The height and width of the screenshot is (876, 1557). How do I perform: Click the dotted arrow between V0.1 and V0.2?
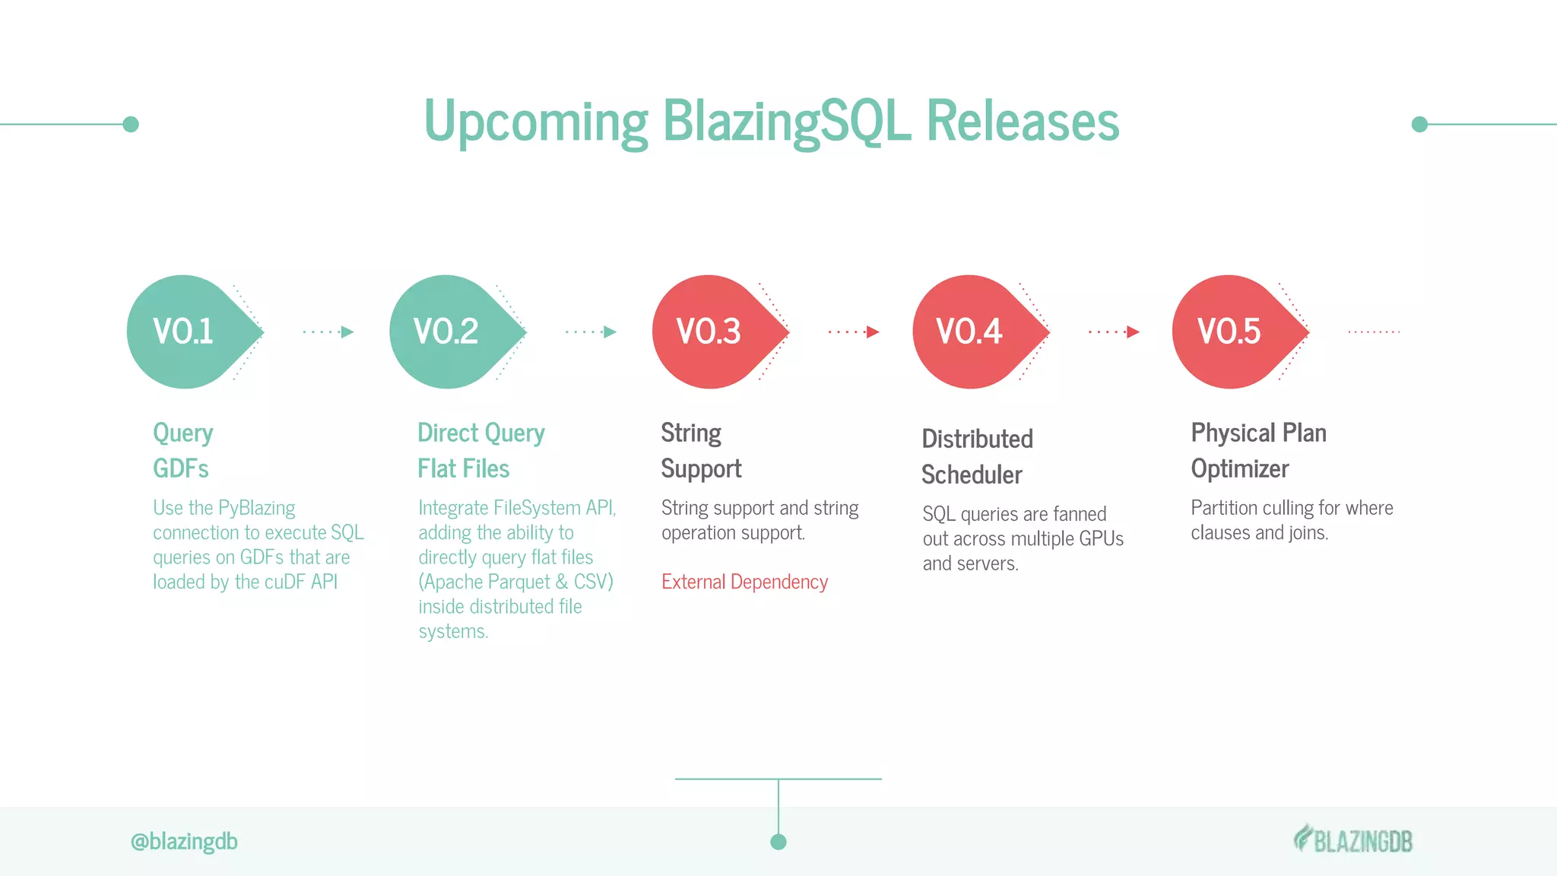[328, 332]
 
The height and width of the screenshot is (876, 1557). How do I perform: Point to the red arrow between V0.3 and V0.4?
[854, 332]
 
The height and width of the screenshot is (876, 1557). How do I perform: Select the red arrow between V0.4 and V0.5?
[1114, 332]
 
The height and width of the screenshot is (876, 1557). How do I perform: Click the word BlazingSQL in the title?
[786, 122]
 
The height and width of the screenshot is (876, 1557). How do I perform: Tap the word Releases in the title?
[1023, 122]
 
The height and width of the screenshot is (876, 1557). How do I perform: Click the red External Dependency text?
[744, 582]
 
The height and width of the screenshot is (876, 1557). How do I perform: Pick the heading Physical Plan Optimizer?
[1258, 450]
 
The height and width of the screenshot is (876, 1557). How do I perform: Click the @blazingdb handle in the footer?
[184, 841]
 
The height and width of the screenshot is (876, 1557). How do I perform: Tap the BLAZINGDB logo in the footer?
[1353, 840]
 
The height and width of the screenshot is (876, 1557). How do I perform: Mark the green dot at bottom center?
[778, 842]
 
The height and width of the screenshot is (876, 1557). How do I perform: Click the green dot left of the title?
[131, 124]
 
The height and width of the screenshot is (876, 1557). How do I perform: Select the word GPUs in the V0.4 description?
[1101, 538]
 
